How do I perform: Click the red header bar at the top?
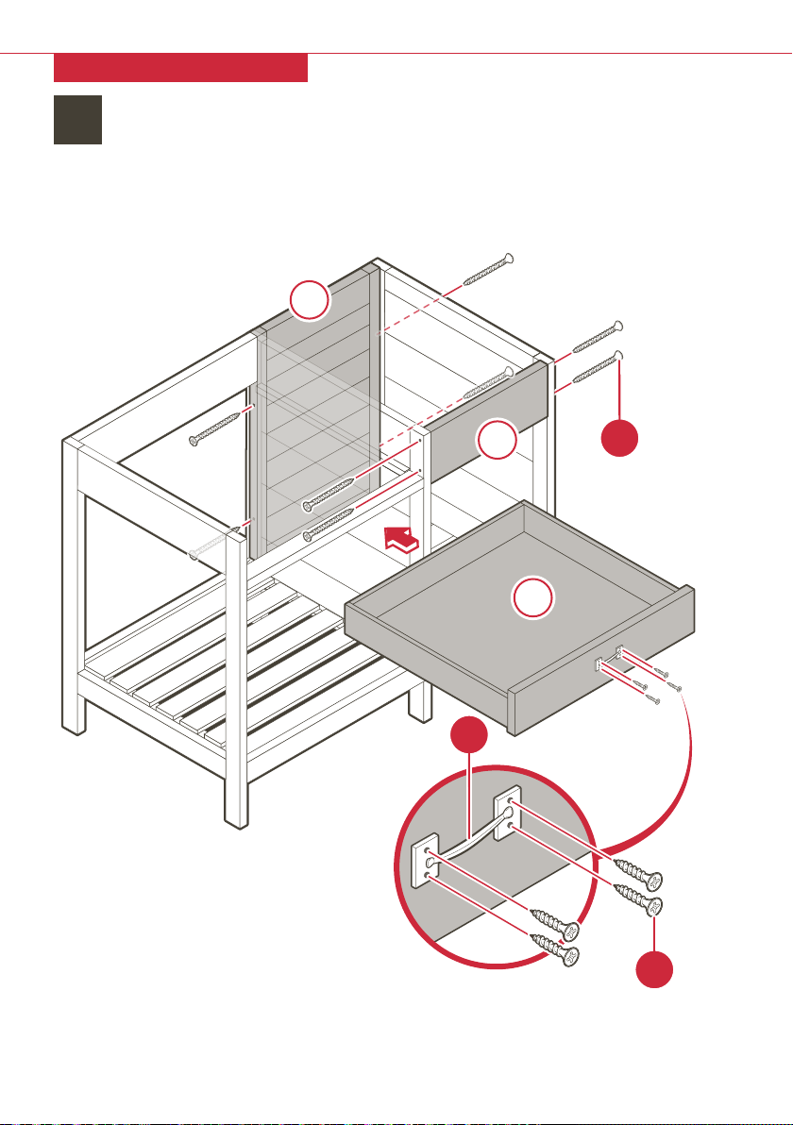pyautogui.click(x=180, y=68)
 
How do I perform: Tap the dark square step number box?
pyautogui.click(x=77, y=119)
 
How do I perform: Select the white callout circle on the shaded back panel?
pyautogui.click(x=310, y=301)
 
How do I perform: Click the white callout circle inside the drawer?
pyautogui.click(x=534, y=598)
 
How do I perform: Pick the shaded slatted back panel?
pyautogui.click(x=316, y=415)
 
